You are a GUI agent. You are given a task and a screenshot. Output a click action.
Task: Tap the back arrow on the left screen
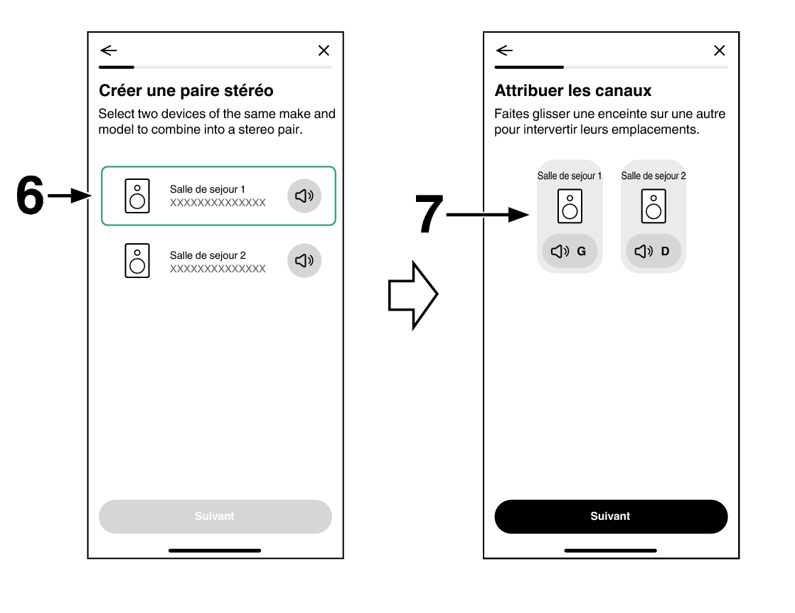click(x=109, y=50)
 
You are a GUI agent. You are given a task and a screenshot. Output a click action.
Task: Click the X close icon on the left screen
click(x=324, y=50)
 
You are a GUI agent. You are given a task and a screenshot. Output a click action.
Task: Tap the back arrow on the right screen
click(x=504, y=50)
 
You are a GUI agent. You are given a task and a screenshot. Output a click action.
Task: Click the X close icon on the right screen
click(x=720, y=50)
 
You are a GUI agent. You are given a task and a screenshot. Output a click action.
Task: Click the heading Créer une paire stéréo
click(x=186, y=90)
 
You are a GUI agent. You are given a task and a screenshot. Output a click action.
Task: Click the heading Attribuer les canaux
click(x=573, y=90)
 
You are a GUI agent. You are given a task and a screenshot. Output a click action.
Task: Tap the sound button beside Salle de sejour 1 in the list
click(x=304, y=196)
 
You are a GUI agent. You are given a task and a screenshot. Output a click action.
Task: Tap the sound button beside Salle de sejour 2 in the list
click(x=304, y=260)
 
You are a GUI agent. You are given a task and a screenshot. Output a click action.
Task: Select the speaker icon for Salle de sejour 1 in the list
click(x=137, y=196)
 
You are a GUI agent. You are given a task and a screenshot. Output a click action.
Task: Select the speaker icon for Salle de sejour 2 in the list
click(x=137, y=260)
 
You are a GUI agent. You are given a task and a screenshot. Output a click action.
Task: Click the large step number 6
click(x=30, y=195)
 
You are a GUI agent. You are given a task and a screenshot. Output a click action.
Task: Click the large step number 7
click(x=429, y=214)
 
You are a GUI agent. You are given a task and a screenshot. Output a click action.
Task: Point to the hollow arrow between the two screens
click(x=412, y=295)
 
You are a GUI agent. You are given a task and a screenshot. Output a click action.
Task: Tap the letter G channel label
click(x=582, y=251)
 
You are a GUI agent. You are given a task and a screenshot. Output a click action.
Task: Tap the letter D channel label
click(x=665, y=251)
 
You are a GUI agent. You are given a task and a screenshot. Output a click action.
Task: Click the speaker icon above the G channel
click(x=570, y=206)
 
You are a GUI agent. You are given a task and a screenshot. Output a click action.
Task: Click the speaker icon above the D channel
click(x=653, y=206)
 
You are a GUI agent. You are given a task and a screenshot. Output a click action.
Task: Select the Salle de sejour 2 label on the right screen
click(x=653, y=176)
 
